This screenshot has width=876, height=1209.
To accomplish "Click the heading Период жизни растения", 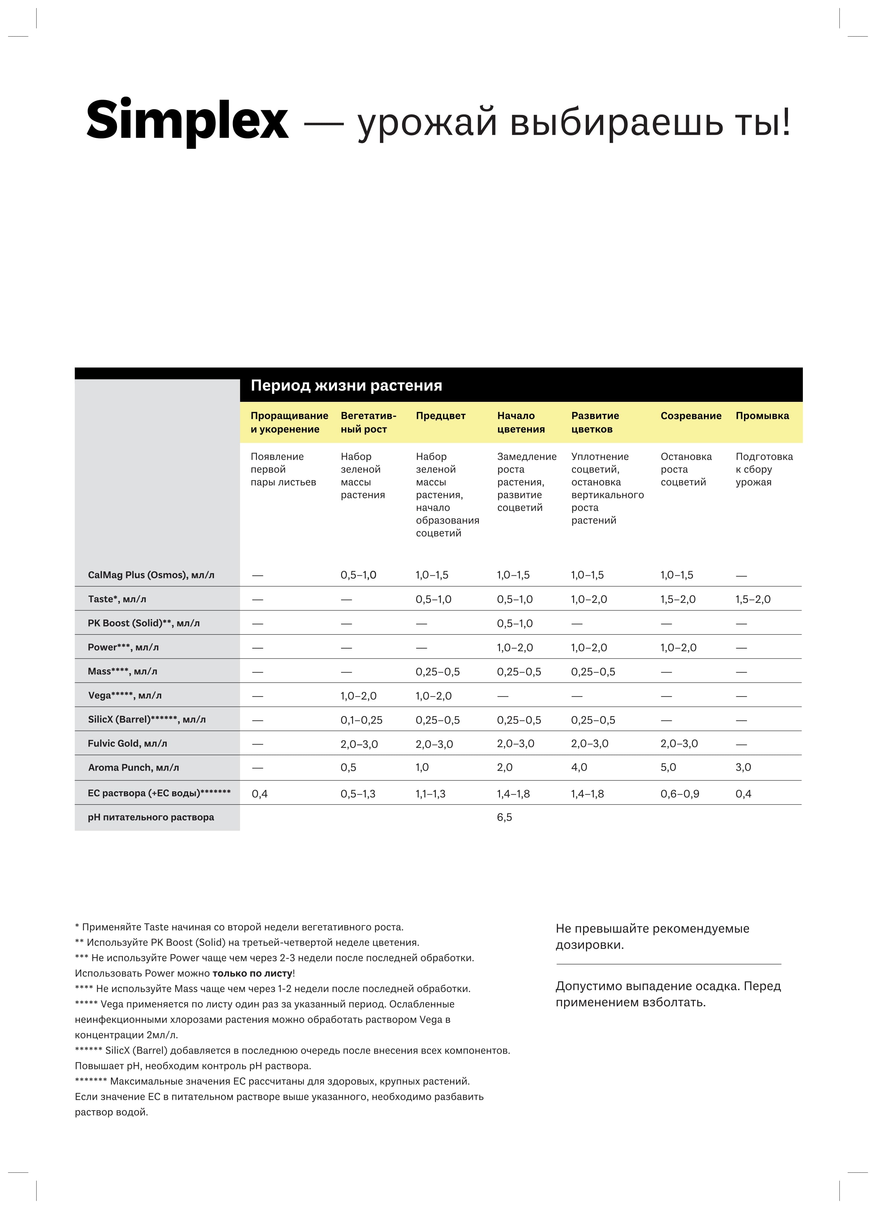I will pos(346,385).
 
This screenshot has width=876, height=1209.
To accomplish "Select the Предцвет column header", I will pos(441,416).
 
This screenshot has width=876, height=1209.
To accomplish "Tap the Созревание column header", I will pos(691,416).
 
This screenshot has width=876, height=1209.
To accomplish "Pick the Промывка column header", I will pos(762,416).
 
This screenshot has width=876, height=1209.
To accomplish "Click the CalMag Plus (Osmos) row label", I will pos(151,575).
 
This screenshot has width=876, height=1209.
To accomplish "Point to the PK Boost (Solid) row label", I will pos(143,623).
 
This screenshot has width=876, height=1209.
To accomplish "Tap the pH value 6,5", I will pos(504,817).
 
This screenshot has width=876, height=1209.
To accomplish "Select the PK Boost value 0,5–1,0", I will pos(515,624).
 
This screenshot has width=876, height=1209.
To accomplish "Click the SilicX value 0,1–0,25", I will pos(361,720).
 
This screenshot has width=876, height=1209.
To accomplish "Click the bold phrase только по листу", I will pos(252,973).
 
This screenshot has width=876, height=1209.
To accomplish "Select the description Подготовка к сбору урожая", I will pos(764,469).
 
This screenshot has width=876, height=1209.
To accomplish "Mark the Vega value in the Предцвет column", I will pos(433,696).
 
